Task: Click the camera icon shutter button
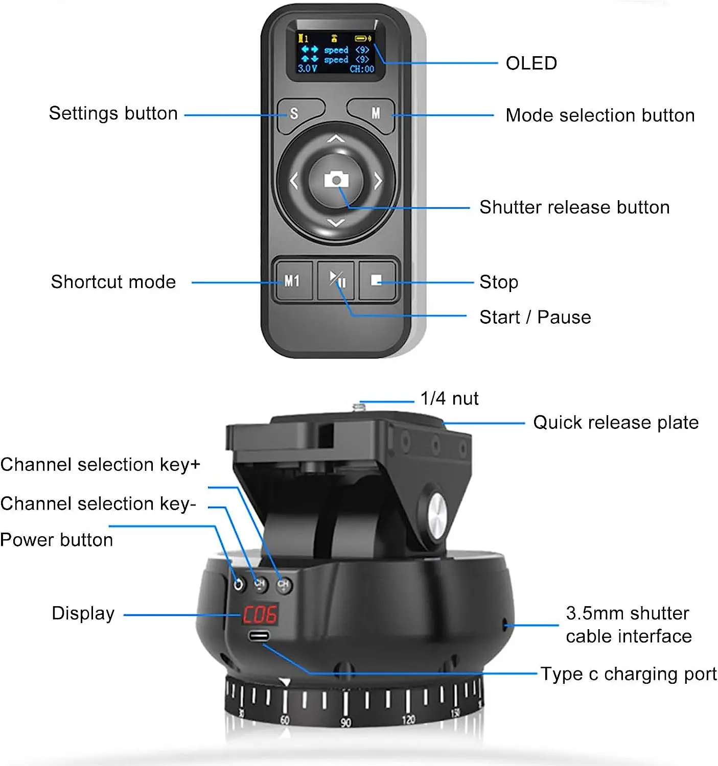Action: pos(336,180)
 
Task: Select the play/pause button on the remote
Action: pos(336,280)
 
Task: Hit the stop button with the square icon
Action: pos(377,280)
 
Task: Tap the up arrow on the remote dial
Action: pos(336,139)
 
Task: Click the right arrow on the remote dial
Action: pos(378,180)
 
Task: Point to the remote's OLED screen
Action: pos(336,53)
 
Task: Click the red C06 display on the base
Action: pos(260,615)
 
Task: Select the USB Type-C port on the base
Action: pos(260,636)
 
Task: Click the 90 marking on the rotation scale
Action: pos(346,723)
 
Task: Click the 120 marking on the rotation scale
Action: pos(409,720)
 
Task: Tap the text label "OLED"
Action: pos(531,63)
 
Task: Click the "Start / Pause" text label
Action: pos(535,317)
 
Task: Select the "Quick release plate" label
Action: pos(616,422)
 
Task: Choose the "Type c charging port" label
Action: pos(629,674)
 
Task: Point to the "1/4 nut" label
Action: pos(449,398)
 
